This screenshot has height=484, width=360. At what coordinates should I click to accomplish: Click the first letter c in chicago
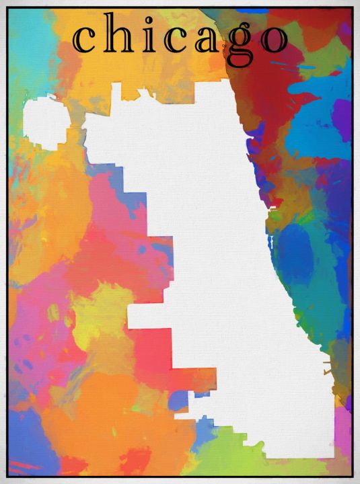point(85,40)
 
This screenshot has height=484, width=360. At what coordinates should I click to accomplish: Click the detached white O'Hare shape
point(46,122)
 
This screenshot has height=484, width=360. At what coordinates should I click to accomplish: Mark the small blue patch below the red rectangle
point(178,401)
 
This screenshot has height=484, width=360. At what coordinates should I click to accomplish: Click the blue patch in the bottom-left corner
point(27,450)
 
